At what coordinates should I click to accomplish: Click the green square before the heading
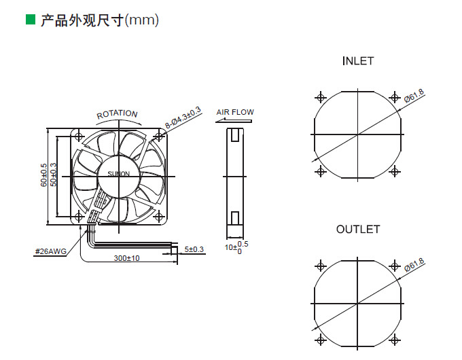coord(30,20)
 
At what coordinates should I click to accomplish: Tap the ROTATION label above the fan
coord(117,115)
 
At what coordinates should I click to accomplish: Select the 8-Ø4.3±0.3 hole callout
coord(183,117)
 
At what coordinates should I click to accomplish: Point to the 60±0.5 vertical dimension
coord(43,175)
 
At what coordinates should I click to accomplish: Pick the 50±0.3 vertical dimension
coord(54,175)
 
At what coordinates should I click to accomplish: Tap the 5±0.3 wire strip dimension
coord(194,249)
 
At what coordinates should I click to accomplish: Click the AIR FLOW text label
coord(235,112)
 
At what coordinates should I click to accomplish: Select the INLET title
coord(357,61)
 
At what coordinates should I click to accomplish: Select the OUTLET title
coord(357,230)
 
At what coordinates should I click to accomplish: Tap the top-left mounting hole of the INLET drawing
coord(321,96)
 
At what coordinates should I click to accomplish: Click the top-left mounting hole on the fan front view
coord(82,137)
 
